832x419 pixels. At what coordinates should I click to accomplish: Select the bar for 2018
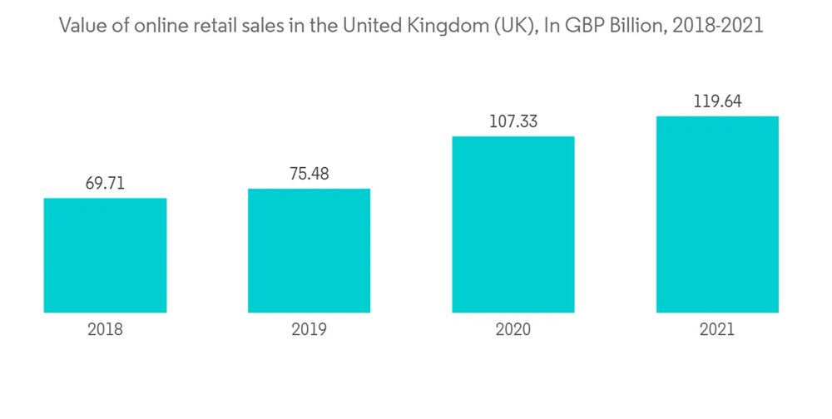click(105, 255)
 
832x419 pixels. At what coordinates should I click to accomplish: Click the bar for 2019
click(309, 250)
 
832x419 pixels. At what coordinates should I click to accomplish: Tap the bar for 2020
click(513, 224)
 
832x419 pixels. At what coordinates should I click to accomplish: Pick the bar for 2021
click(717, 214)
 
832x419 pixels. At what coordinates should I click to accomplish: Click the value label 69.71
click(105, 183)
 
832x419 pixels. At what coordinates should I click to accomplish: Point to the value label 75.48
click(309, 174)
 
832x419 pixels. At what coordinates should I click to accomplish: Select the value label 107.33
click(513, 121)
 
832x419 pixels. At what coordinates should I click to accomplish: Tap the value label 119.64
click(717, 101)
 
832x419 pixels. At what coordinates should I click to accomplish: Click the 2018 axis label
click(105, 329)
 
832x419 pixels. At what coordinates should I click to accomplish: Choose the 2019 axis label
click(309, 329)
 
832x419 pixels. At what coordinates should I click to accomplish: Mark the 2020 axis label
click(513, 329)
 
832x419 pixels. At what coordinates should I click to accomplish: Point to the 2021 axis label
click(717, 329)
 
